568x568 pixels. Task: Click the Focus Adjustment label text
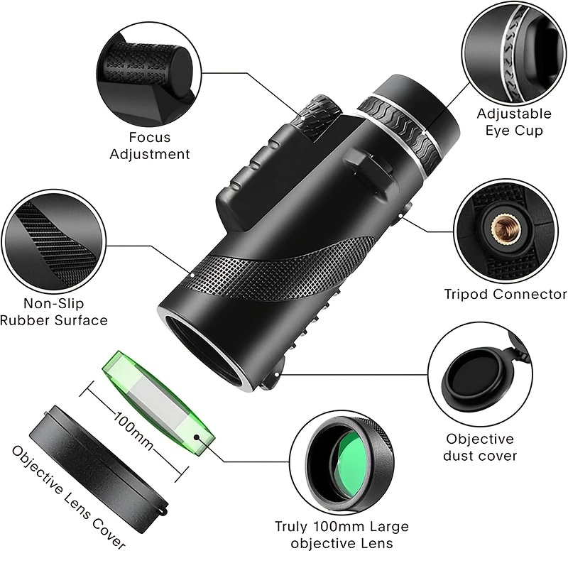pyautogui.click(x=150, y=146)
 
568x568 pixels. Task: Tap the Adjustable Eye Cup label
pyautogui.click(x=514, y=122)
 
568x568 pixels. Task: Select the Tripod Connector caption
pyautogui.click(x=506, y=294)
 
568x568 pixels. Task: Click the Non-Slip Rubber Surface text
pyautogui.click(x=54, y=312)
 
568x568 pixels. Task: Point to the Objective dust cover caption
pyautogui.click(x=480, y=447)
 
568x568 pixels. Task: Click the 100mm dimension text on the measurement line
pyautogui.click(x=133, y=430)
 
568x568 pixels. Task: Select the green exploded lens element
pyautogui.click(x=158, y=403)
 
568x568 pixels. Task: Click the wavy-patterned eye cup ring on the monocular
pyautogui.click(x=398, y=129)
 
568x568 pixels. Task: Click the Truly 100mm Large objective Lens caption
pyautogui.click(x=342, y=535)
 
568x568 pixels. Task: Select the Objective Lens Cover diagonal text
pyautogui.click(x=68, y=496)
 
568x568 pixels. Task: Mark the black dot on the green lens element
pyautogui.click(x=197, y=437)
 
